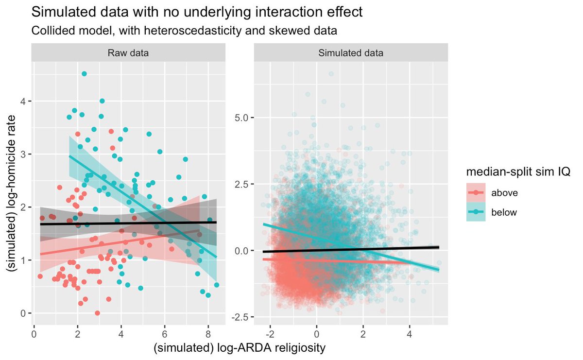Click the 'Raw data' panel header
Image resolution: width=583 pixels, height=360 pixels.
coord(128,53)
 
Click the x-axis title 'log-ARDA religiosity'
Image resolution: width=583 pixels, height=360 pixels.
coord(240,348)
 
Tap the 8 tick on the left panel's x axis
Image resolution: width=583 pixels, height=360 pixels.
coord(208,335)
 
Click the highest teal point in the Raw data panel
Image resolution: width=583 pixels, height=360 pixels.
coord(84,74)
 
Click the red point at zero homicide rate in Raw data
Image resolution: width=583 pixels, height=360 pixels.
coord(97,313)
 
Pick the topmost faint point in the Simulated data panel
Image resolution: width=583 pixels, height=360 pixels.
coord(331,74)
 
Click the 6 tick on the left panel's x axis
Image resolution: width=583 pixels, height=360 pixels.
coord(164,335)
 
